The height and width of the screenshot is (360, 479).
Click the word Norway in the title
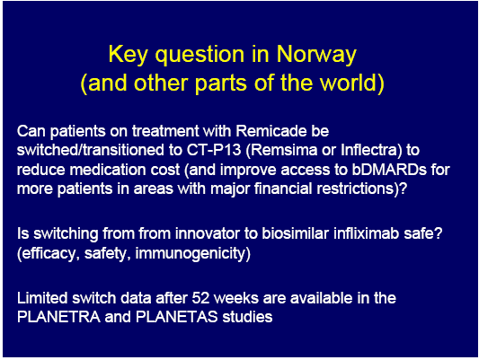point(316,54)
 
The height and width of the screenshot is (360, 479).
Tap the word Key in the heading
point(129,55)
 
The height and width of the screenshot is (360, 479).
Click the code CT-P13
point(214,150)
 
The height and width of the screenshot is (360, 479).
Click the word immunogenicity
point(192,254)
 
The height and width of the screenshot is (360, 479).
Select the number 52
point(200,298)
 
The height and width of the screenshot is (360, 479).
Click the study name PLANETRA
point(58,317)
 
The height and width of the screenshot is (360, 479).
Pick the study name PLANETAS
point(176,317)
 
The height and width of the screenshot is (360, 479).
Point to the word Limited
point(42,298)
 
